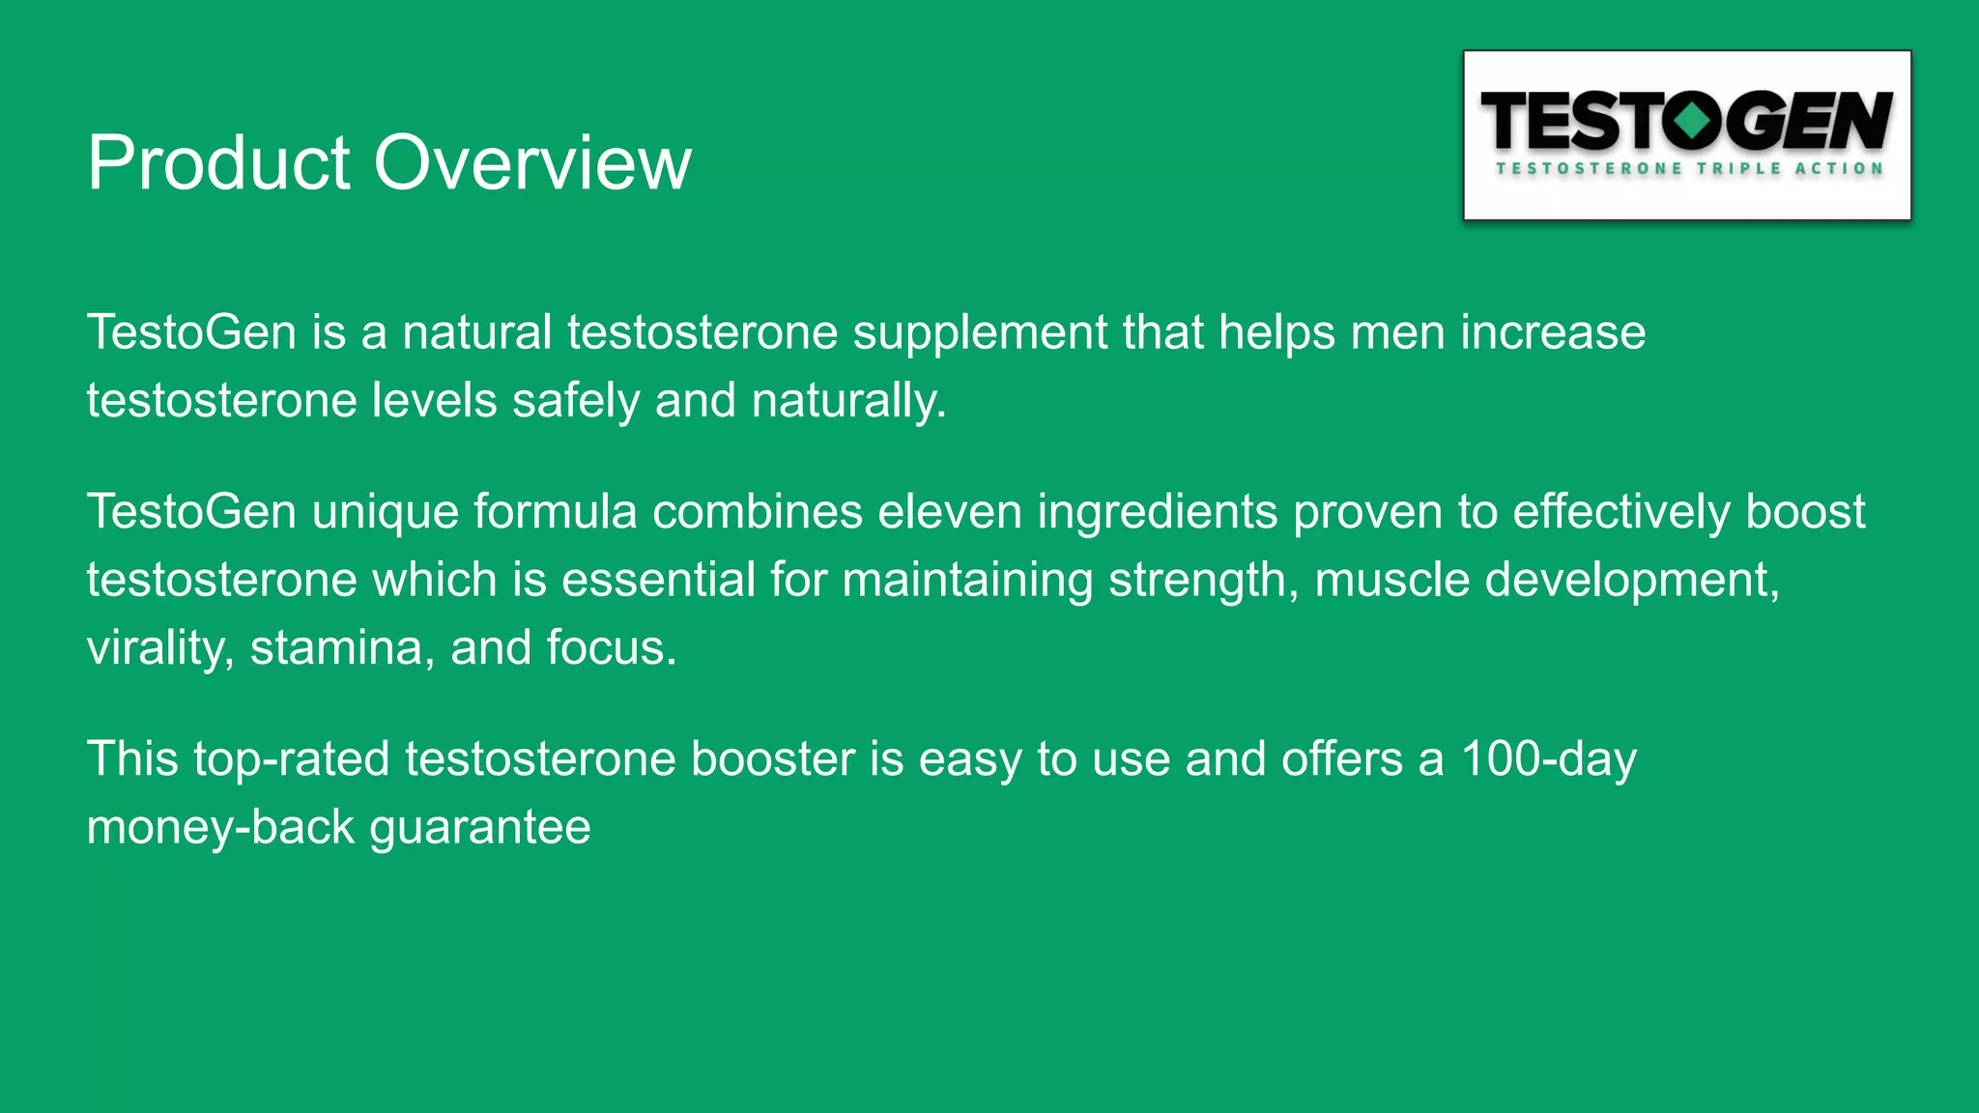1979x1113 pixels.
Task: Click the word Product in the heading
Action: [217, 162]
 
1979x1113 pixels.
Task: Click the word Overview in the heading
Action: [532, 162]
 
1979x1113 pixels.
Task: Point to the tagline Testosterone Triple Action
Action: [1689, 168]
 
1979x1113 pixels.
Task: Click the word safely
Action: [575, 400]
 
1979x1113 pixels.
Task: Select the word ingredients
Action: [1157, 513]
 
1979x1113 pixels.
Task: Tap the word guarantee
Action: [479, 828]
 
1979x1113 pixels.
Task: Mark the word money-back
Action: [220, 828]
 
